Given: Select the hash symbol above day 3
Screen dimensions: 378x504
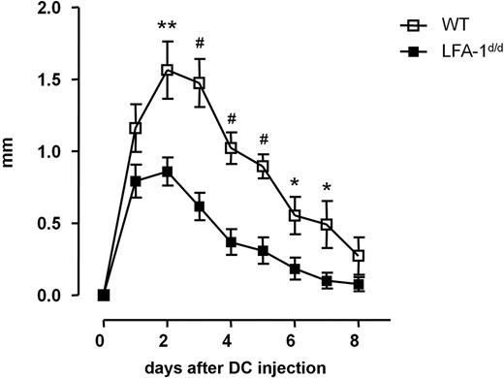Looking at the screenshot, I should [200, 43].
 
